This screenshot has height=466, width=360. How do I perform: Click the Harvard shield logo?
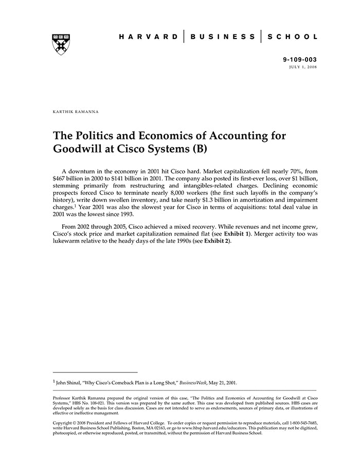point(61,44)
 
